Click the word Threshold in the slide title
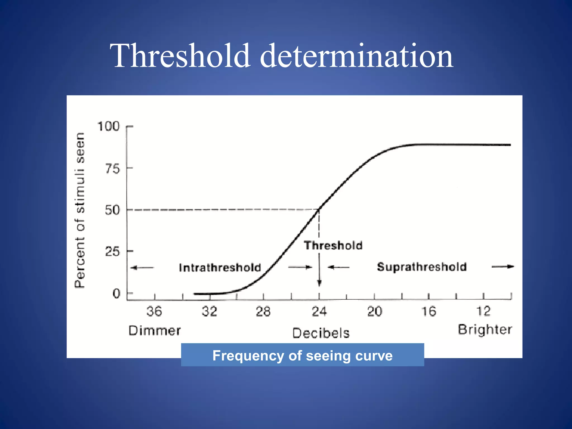180,56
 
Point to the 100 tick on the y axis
108,127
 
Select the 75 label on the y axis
112,169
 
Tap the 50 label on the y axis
112,210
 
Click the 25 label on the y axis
112,252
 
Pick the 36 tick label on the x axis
154,311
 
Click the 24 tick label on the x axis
319,311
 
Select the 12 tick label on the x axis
483,311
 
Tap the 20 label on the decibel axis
375,311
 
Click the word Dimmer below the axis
154,331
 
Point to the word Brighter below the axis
485,330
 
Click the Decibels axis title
321,333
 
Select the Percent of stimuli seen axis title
80,210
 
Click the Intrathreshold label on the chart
220,268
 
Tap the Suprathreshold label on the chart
422,267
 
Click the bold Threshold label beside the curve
333,246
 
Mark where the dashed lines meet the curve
319,209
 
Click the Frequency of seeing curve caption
302,356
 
